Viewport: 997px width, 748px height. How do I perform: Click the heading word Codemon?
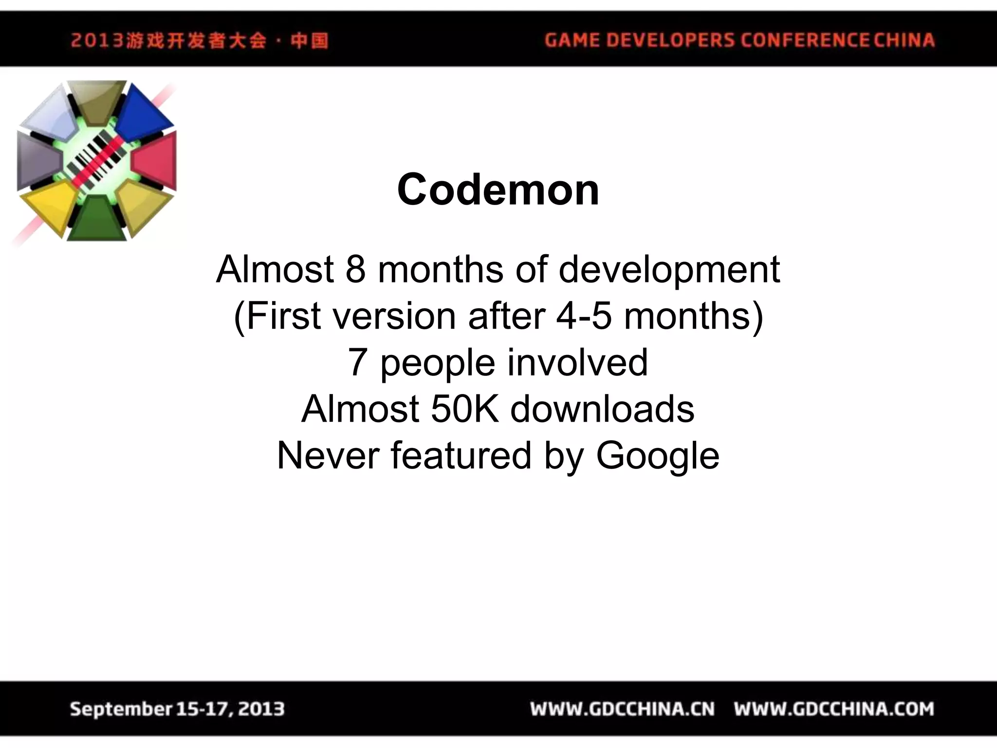(x=498, y=190)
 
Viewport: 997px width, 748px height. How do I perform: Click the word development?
(x=669, y=270)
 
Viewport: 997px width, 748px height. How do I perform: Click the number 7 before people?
(x=357, y=362)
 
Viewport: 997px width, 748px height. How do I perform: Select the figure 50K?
(x=464, y=409)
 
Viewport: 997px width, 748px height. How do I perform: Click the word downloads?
(x=602, y=409)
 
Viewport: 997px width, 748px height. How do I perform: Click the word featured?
(x=461, y=456)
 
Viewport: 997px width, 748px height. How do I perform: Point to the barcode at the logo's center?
(x=96, y=159)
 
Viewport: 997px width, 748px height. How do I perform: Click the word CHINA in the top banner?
(x=904, y=40)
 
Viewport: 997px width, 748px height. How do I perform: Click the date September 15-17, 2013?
(x=177, y=709)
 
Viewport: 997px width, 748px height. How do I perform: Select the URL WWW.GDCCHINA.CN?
(x=622, y=709)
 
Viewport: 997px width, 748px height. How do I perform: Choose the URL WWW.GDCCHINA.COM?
(x=834, y=709)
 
